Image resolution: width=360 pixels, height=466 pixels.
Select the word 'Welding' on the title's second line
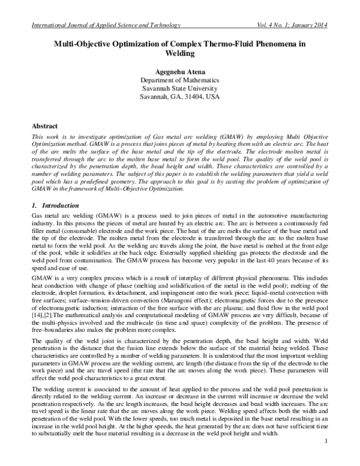point(179,53)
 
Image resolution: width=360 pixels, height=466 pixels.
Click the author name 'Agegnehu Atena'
point(179,71)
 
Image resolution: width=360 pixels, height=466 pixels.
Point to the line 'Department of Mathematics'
point(179,80)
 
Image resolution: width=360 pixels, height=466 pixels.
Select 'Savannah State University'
point(179,88)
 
